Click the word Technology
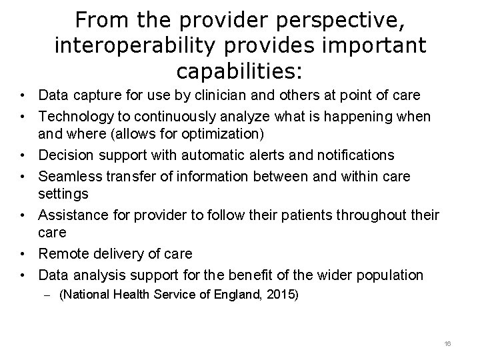[75, 116]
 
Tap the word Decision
[67, 155]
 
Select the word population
[382, 275]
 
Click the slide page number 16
[447, 343]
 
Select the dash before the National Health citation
[49, 293]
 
